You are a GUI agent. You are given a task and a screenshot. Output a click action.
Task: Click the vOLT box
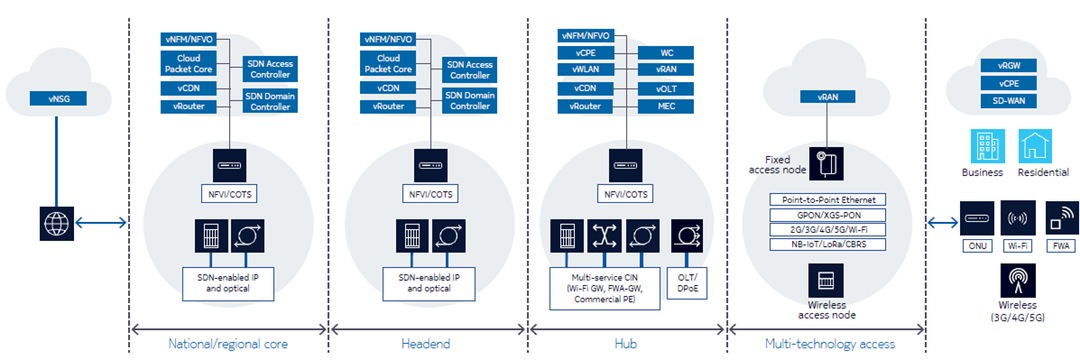click(x=667, y=88)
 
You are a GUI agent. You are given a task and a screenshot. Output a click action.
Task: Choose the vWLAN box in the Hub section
click(x=586, y=70)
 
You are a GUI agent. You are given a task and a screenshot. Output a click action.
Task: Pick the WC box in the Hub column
click(x=667, y=52)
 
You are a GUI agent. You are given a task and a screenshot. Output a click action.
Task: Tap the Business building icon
click(x=982, y=146)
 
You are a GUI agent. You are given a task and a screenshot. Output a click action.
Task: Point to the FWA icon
click(x=1060, y=217)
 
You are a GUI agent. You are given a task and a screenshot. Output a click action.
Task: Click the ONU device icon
click(x=975, y=217)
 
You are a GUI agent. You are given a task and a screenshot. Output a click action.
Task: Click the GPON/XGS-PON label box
click(x=827, y=213)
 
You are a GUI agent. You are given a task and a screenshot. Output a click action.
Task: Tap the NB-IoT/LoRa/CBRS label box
click(x=827, y=242)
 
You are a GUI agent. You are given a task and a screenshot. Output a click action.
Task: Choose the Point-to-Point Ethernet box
click(x=827, y=199)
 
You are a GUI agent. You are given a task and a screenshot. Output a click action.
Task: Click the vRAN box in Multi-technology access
click(x=827, y=97)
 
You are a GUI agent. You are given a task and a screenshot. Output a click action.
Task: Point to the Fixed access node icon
click(x=826, y=162)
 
